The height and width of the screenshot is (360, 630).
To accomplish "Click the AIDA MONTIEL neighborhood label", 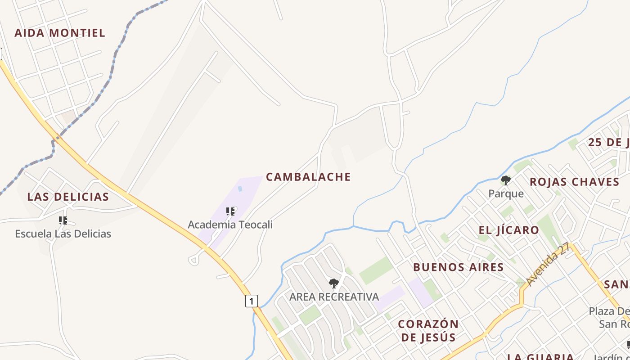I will point(60,33).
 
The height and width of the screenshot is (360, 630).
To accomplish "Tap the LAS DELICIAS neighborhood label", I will point(68,197).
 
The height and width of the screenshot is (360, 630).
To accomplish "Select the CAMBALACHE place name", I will point(308,177).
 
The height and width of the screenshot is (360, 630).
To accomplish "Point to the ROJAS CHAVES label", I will point(574,182).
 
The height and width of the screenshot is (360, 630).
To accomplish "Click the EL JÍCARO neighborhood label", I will point(508,230).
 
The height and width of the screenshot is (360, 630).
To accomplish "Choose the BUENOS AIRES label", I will point(458,267).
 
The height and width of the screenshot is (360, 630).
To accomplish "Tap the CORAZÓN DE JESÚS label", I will point(428,330).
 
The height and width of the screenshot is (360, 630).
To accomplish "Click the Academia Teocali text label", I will point(230,225).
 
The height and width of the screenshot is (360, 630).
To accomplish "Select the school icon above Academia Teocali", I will point(230,211).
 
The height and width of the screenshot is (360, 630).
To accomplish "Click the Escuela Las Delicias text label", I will point(63,234).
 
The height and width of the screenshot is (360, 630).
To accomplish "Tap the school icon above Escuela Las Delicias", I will point(63,220).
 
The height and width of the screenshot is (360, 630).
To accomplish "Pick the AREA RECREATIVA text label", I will point(334,297).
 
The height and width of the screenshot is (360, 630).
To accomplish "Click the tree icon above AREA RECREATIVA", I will point(333,283).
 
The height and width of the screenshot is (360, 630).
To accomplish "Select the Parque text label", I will point(506,193).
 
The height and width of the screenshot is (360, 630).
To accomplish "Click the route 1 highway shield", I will point(251,301).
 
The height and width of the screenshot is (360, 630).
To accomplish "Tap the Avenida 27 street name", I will point(548,264).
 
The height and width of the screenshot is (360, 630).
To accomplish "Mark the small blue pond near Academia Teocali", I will point(240,189).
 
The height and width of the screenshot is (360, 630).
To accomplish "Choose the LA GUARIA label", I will point(540,357).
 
